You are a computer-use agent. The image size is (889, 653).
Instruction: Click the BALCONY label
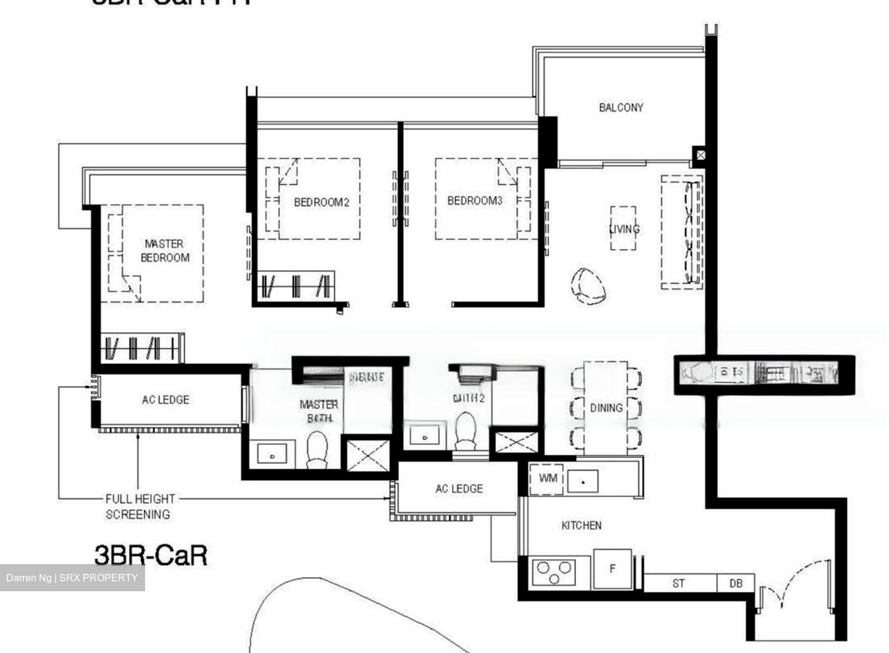pyautogui.click(x=620, y=107)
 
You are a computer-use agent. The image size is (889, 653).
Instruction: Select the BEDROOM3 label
pyautogui.click(x=475, y=201)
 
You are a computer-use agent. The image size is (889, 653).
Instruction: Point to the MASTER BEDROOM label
pyautogui.click(x=165, y=251)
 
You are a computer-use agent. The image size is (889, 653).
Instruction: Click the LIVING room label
pyautogui.click(x=624, y=229)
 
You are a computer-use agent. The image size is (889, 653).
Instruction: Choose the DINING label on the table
pyautogui.click(x=606, y=408)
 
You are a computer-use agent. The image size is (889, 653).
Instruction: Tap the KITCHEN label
pyautogui.click(x=581, y=526)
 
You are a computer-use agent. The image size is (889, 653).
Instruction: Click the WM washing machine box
pyautogui.click(x=547, y=479)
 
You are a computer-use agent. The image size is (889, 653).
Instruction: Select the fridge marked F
pyautogui.click(x=612, y=569)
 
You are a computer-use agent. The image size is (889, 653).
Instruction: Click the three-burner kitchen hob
pyautogui.click(x=554, y=571)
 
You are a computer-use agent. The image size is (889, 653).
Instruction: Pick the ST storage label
pyautogui.click(x=678, y=583)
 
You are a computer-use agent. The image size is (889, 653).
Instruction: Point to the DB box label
pyautogui.click(x=735, y=583)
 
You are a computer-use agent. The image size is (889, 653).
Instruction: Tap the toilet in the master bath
pyautogui.click(x=317, y=449)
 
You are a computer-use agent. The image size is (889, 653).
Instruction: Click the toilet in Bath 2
pyautogui.click(x=465, y=431)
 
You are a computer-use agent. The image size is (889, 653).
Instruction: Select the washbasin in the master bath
pyautogui.click(x=272, y=455)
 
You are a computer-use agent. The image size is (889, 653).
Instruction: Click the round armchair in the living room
pyautogui.click(x=589, y=286)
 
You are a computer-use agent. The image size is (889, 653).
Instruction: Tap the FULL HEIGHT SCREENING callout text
pyautogui.click(x=139, y=507)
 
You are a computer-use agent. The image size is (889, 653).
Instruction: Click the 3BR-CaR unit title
pyautogui.click(x=151, y=555)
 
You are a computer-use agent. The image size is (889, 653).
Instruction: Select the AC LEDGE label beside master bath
pyautogui.click(x=165, y=400)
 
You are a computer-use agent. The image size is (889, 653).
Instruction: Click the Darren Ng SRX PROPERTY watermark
pyautogui.click(x=72, y=578)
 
